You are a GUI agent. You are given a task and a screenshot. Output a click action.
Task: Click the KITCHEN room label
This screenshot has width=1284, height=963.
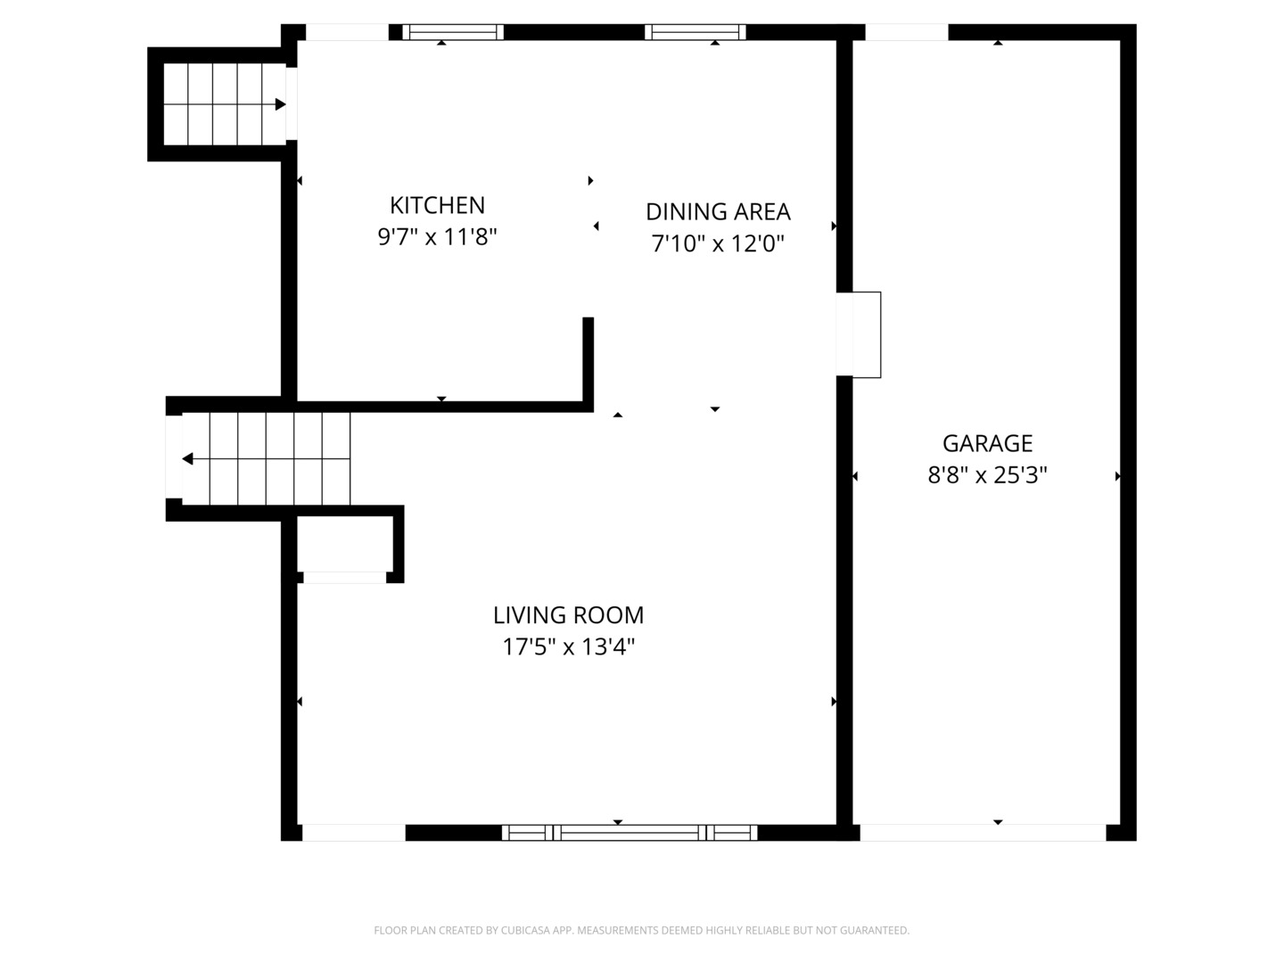click(437, 205)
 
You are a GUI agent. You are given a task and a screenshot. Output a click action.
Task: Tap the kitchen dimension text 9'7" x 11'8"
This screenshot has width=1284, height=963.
click(437, 237)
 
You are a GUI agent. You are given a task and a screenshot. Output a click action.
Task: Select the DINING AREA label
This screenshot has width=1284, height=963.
click(718, 211)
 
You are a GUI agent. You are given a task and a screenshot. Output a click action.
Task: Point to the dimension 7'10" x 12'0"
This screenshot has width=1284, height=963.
click(718, 243)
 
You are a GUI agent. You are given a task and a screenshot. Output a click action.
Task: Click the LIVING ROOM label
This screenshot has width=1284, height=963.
click(568, 615)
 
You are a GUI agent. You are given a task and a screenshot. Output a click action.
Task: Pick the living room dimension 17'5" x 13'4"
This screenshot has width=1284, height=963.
click(568, 646)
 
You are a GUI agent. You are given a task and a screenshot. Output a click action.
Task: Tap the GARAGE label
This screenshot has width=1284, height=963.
click(987, 443)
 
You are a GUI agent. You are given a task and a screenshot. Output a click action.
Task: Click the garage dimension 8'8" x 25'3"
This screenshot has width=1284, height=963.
click(987, 475)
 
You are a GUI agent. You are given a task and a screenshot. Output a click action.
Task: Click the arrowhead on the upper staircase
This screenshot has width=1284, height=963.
click(280, 104)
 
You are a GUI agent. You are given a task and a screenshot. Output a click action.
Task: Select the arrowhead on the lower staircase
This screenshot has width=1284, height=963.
click(188, 459)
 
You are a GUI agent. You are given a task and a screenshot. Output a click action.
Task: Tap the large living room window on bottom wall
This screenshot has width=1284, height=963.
click(630, 833)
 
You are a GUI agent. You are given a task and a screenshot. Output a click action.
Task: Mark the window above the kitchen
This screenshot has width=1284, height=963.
click(453, 32)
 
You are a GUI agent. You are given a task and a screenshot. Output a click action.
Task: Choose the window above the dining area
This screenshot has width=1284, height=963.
click(695, 32)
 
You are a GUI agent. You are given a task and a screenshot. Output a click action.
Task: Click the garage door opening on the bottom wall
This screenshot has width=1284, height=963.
click(983, 833)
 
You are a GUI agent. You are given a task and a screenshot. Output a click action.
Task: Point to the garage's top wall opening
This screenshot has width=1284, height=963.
click(906, 32)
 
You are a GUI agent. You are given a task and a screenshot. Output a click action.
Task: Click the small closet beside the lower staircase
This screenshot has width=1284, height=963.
click(345, 544)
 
